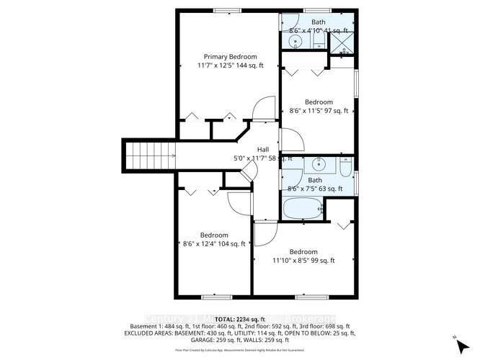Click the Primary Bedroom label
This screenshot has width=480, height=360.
(231, 56)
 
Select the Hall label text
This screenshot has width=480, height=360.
(263, 149)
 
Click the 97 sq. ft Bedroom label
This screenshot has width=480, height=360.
(318, 102)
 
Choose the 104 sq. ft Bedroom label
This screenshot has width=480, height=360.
(214, 235)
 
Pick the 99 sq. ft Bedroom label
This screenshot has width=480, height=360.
(303, 251)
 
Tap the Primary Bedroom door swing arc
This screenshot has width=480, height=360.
(267, 107)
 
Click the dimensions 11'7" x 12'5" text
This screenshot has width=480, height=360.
(231, 66)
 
